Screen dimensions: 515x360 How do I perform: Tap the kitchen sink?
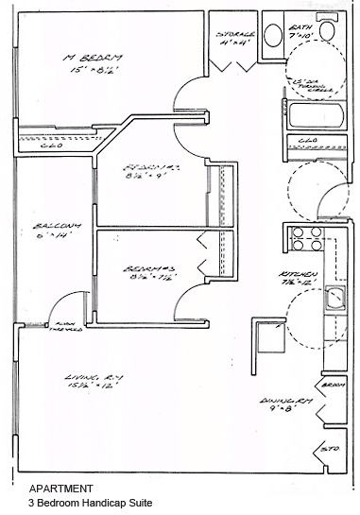click(332, 300)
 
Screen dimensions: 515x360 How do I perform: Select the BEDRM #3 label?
click(145, 270)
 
